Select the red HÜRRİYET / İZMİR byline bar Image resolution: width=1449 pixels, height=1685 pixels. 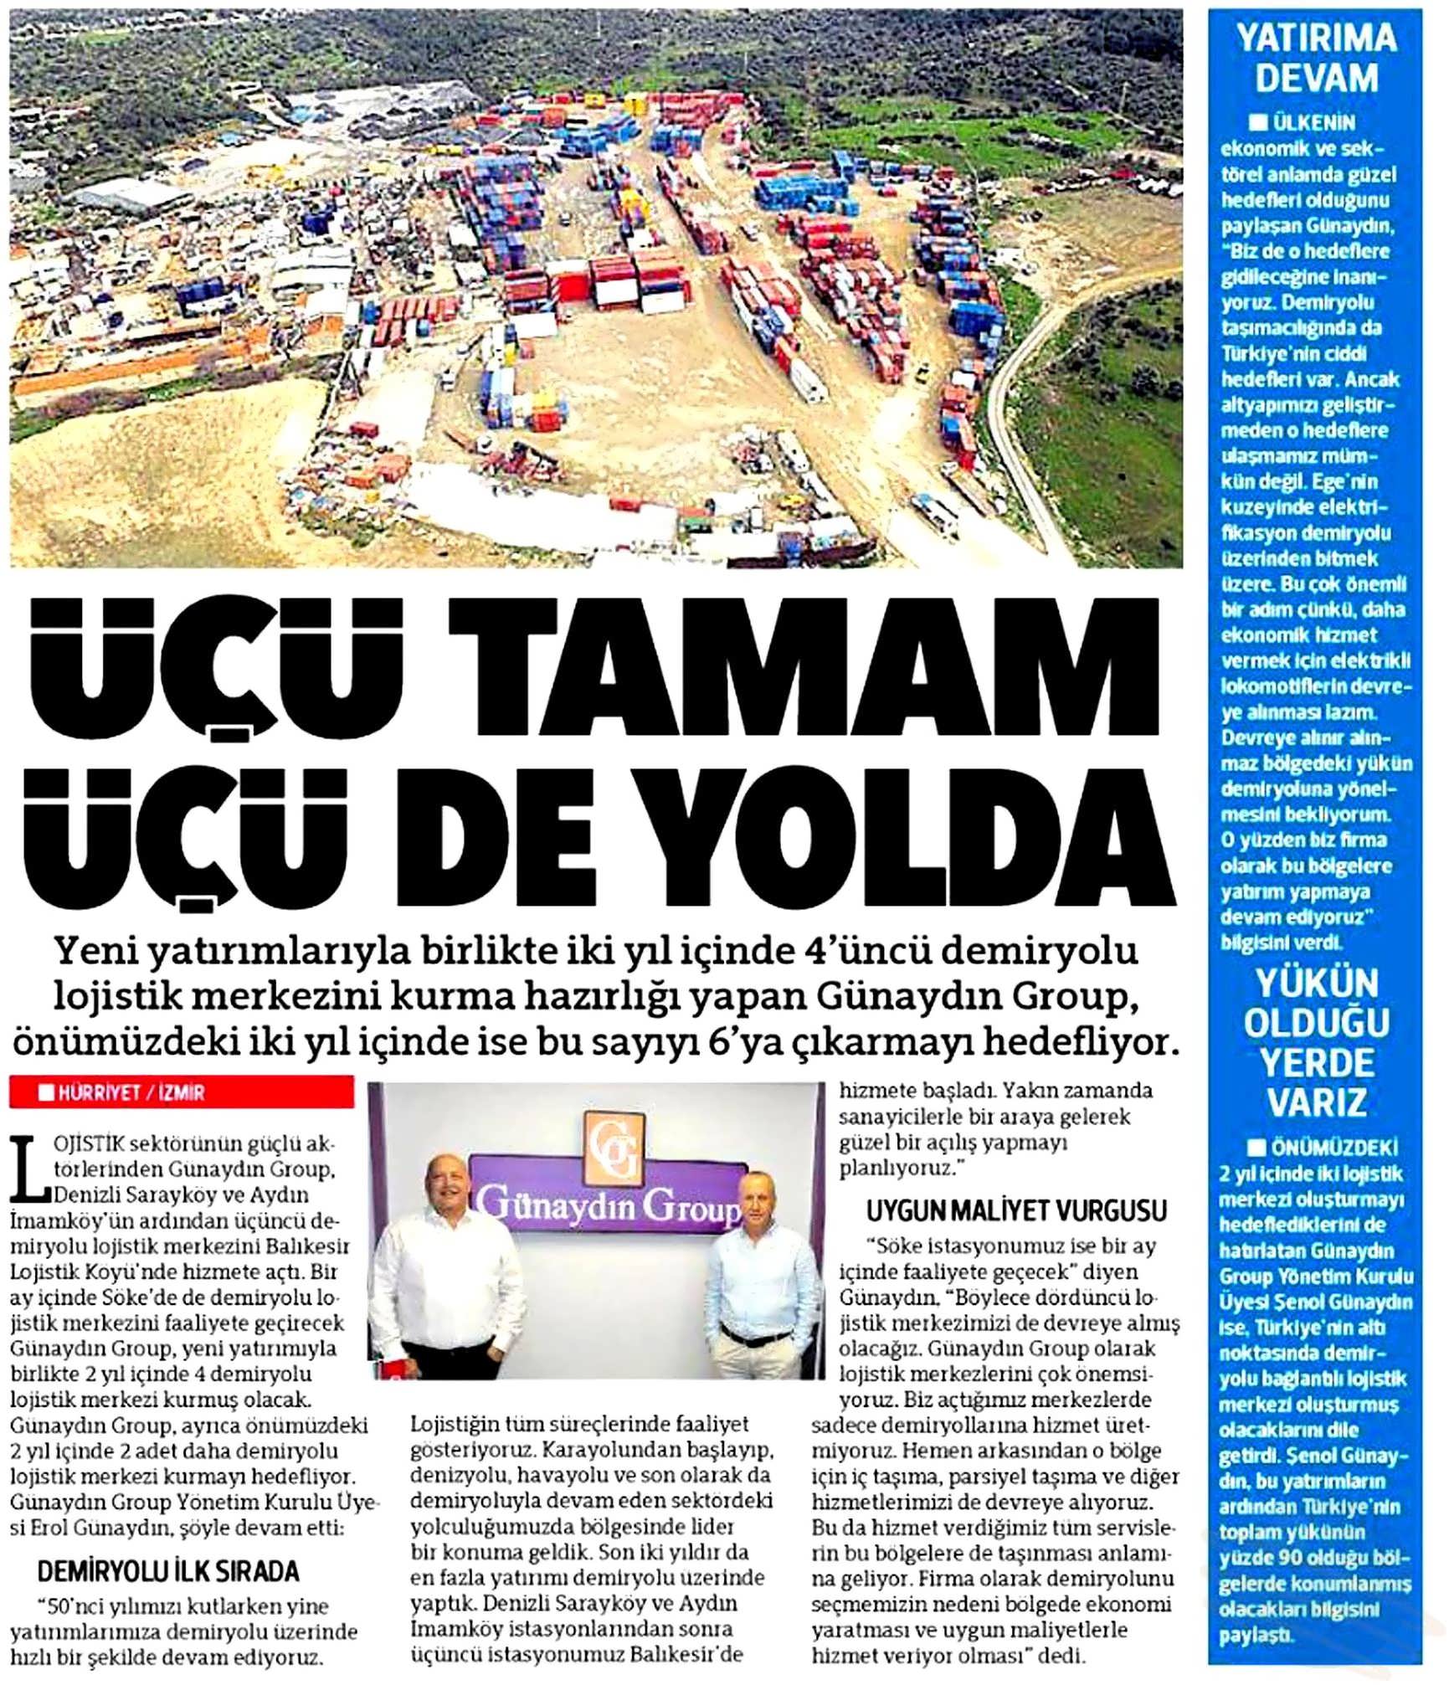coord(182,1092)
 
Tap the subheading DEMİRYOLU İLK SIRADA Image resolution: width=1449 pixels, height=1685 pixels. coord(168,1571)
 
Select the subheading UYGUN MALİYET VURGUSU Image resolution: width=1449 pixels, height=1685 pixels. coord(1016,1210)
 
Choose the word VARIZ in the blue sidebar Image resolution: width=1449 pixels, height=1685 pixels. coord(1317,1102)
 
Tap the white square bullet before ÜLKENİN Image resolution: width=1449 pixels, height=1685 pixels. coord(1257,123)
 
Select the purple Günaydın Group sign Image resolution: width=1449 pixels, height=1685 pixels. coord(607,1201)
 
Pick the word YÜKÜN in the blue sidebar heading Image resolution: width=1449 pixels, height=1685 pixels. coord(1317,984)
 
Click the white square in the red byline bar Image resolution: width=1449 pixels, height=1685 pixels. coord(46,1092)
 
